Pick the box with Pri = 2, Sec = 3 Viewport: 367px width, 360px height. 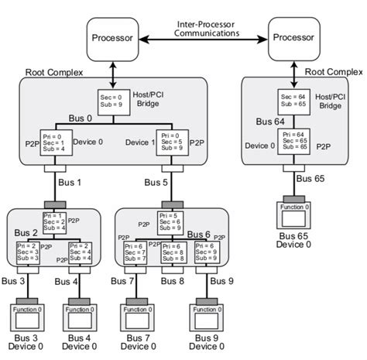[x=28, y=252]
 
